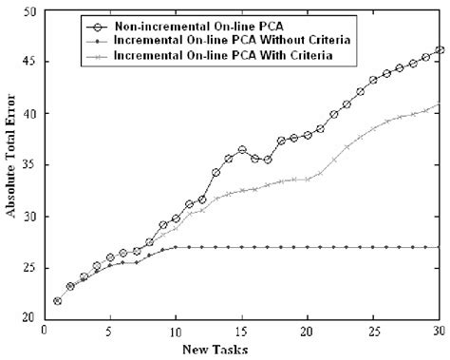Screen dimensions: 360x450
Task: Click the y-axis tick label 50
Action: pyautogui.click(x=31, y=11)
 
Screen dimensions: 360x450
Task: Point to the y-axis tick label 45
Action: pyautogui.click(x=31, y=63)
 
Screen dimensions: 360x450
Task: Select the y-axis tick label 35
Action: pyautogui.click(x=31, y=165)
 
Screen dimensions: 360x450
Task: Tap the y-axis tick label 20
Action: pyautogui.click(x=31, y=319)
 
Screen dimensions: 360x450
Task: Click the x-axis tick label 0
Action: pyautogui.click(x=45, y=332)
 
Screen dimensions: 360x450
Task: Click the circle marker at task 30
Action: pyautogui.click(x=439, y=50)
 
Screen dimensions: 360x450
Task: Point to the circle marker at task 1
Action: pyautogui.click(x=58, y=301)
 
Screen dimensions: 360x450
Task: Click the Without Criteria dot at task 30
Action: pyautogui.click(x=439, y=247)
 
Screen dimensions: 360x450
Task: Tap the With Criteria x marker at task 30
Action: pyautogui.click(x=439, y=104)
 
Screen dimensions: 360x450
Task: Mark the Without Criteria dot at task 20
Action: pyautogui.click(x=308, y=247)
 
